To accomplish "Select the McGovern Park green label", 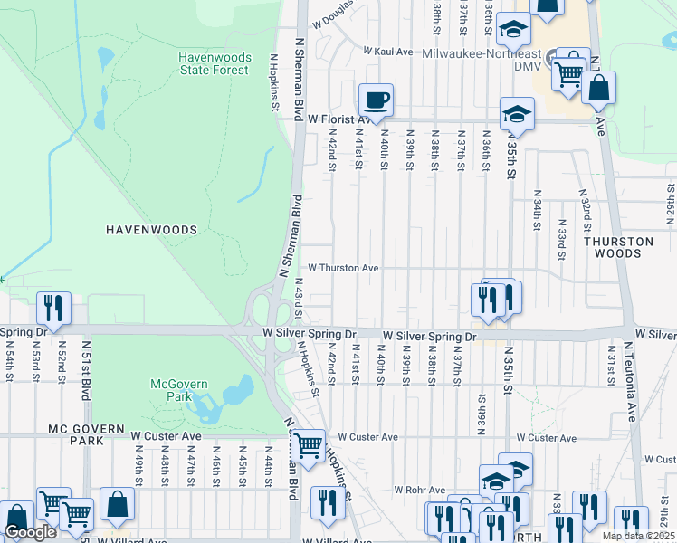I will click(x=179, y=390).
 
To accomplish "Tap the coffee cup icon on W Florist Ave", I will click(x=376, y=100).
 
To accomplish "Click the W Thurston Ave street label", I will click(x=343, y=268).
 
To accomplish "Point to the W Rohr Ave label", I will click(x=421, y=490).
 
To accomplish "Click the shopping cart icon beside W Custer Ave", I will click(x=309, y=445).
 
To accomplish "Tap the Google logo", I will click(x=30, y=532).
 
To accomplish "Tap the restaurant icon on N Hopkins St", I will click(x=327, y=502).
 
